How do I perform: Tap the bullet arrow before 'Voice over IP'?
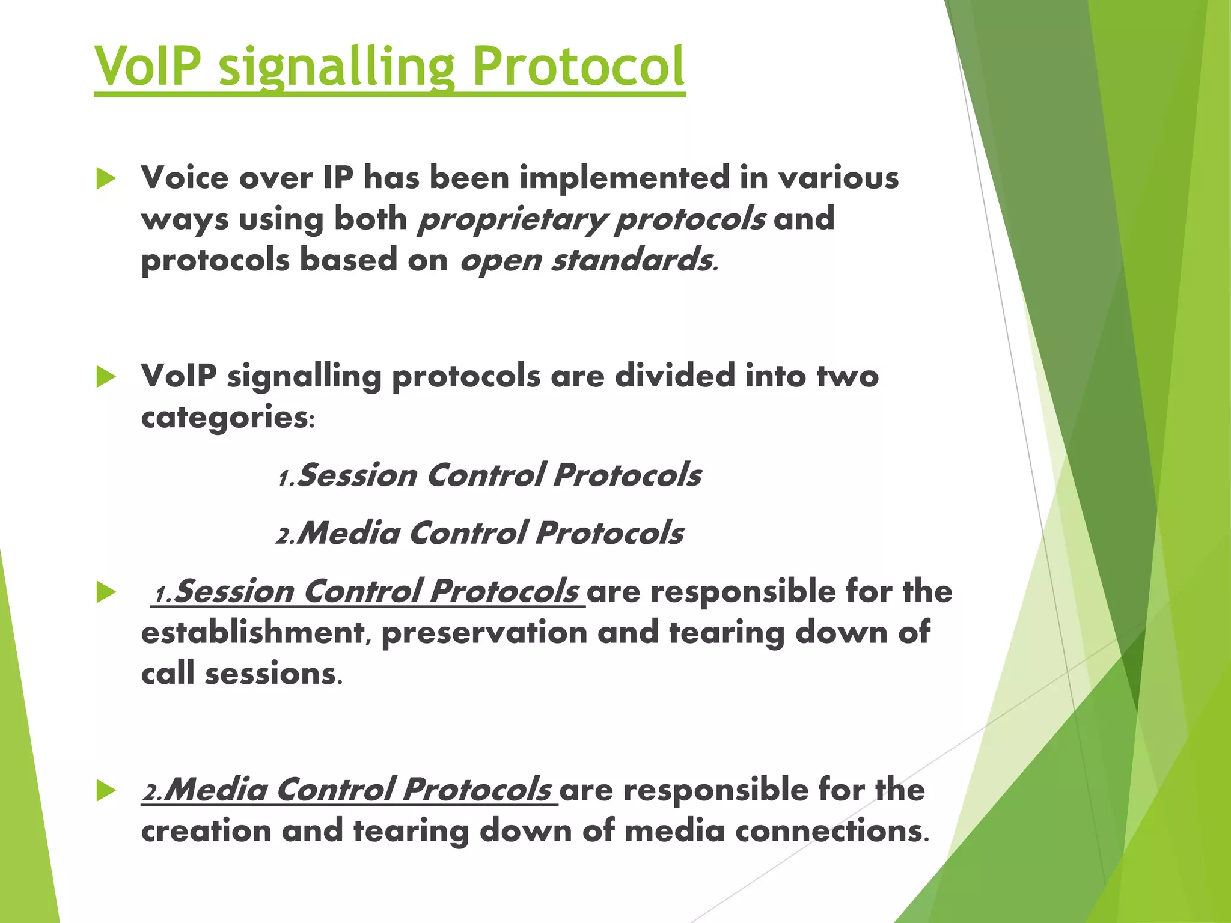[x=106, y=179]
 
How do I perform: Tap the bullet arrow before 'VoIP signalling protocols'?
[x=106, y=377]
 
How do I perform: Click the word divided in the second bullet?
[x=674, y=376]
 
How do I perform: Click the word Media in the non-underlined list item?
[x=349, y=534]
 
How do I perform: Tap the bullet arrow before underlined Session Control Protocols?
[x=106, y=592]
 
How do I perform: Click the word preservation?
[x=484, y=633]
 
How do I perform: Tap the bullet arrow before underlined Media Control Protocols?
[x=106, y=791]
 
